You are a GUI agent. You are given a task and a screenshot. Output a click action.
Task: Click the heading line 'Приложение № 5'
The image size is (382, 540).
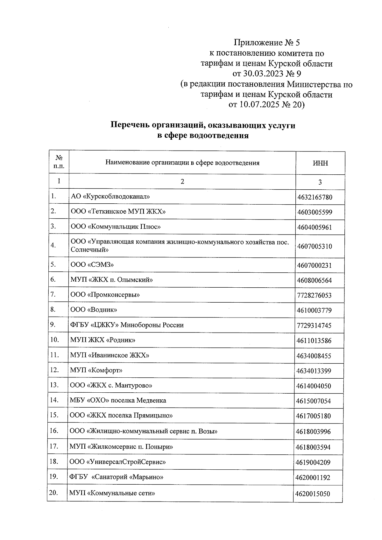(x=267, y=43)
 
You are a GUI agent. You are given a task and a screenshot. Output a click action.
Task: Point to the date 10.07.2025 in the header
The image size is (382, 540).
(x=258, y=105)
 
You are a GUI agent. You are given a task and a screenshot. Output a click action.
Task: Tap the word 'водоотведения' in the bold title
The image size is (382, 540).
(x=219, y=136)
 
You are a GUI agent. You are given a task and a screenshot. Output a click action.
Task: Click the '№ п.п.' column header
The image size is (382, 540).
(x=59, y=162)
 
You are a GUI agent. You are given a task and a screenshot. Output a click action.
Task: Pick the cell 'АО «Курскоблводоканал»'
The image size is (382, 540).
(x=110, y=196)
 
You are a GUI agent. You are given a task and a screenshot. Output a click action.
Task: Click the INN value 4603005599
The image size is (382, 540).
(x=315, y=212)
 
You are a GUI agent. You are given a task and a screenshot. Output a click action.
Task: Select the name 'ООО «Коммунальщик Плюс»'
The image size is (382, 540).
(x=115, y=227)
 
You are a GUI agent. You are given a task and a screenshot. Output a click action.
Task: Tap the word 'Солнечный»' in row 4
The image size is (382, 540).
(x=89, y=250)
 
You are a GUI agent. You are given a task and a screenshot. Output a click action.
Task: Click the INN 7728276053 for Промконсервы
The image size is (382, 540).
(x=314, y=296)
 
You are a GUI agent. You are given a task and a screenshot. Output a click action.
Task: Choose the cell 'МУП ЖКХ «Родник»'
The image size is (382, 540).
(x=103, y=340)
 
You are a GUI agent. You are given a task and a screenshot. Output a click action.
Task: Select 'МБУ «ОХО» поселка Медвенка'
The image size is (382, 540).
(x=118, y=400)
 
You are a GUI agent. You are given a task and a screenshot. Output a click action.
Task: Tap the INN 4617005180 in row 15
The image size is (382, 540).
(x=313, y=416)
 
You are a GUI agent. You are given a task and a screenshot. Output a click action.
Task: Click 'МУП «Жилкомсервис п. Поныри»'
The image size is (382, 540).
(x=121, y=447)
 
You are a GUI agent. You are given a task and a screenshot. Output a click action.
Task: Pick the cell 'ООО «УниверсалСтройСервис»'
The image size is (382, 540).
(x=117, y=462)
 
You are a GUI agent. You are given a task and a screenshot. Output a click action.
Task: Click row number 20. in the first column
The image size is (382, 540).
(x=53, y=493)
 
